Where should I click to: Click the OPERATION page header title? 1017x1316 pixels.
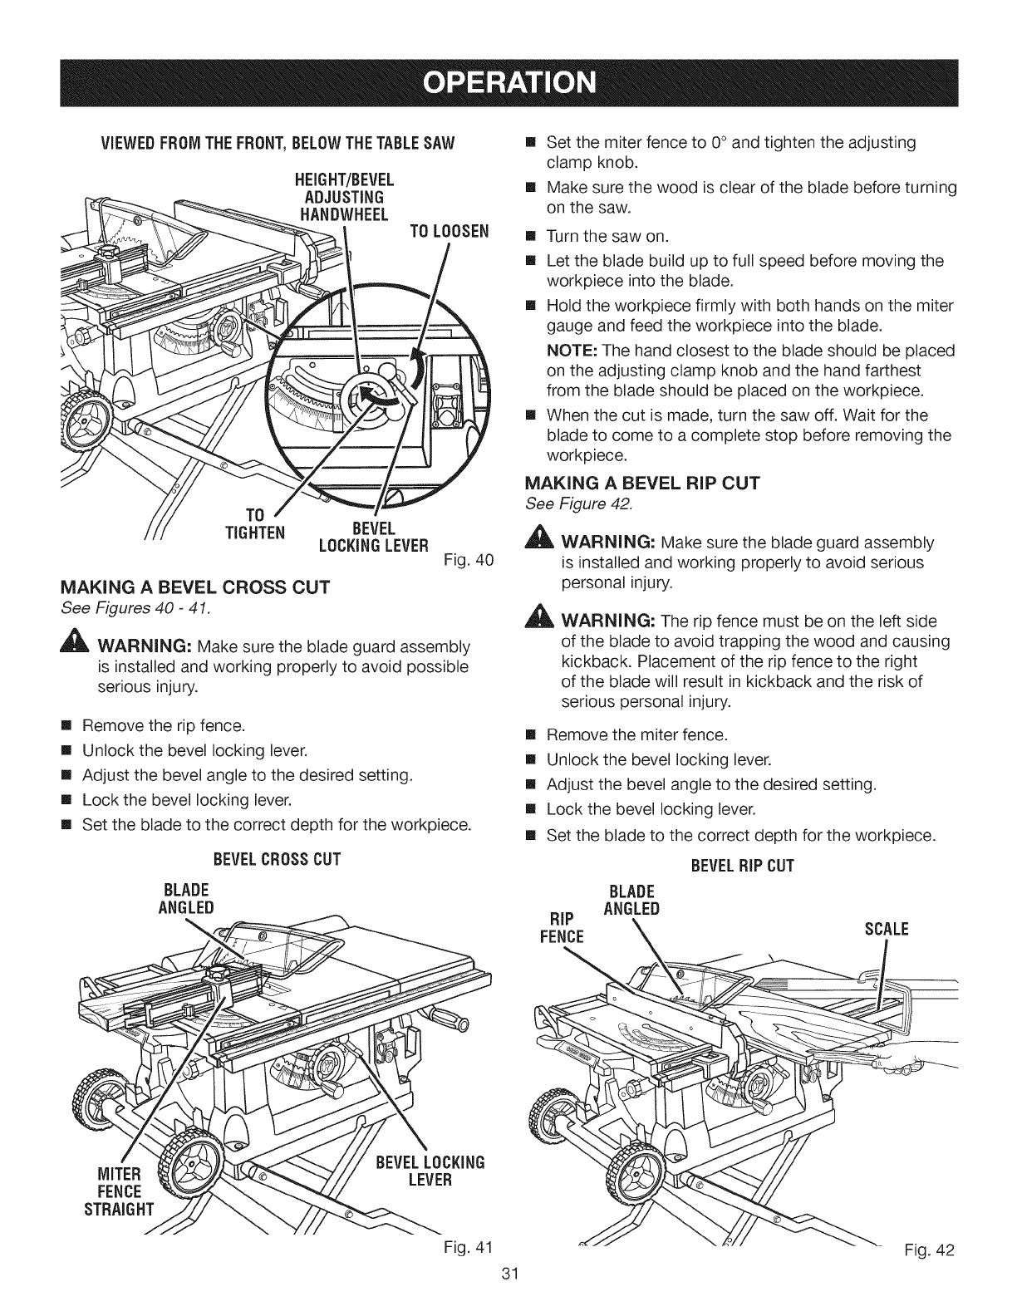tap(508, 84)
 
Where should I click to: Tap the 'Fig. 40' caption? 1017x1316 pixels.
tap(476, 560)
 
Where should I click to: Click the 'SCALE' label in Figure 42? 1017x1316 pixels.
tap(887, 928)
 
